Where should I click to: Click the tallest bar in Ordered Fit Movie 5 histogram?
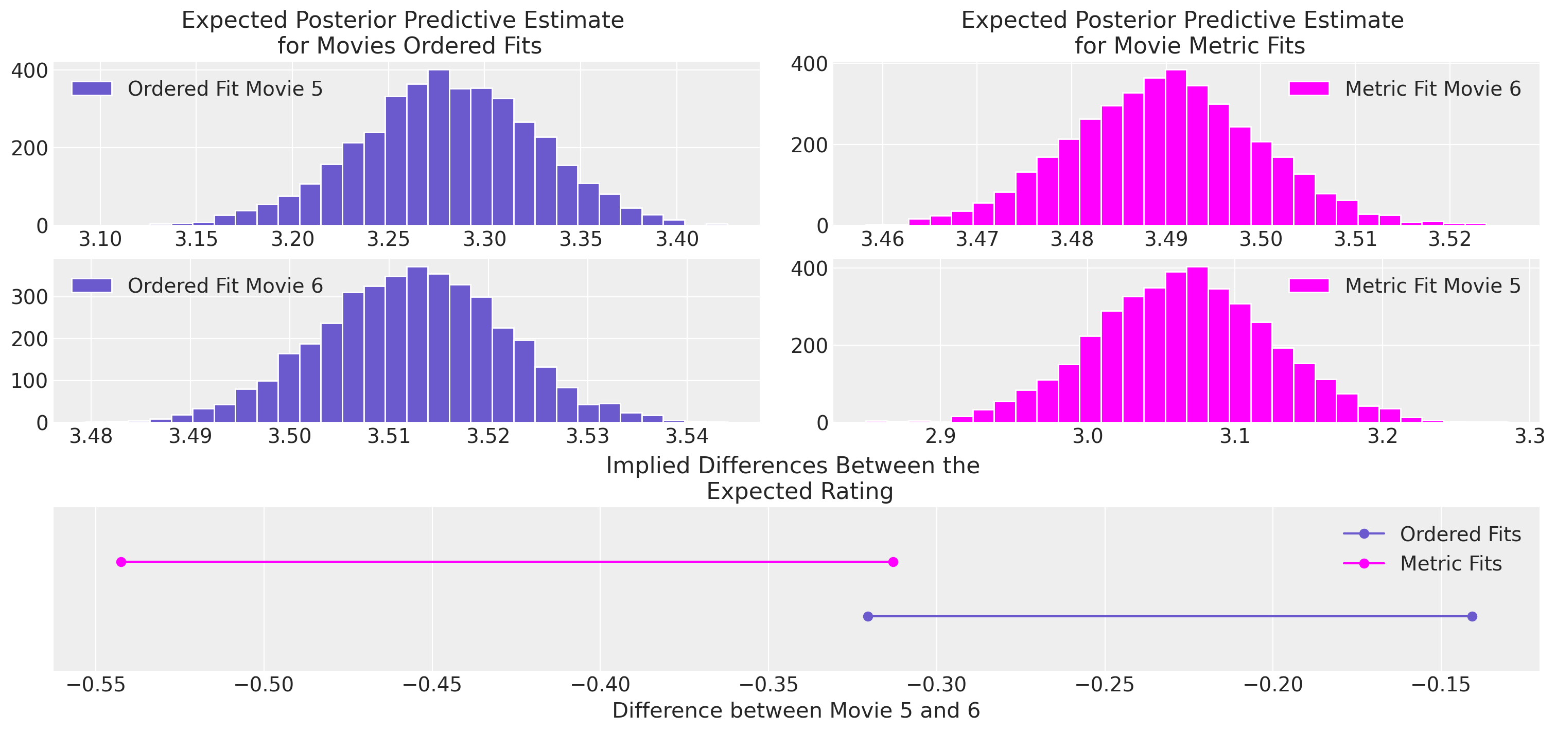pyautogui.click(x=439, y=148)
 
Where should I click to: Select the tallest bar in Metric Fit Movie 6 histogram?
pyautogui.click(x=1176, y=148)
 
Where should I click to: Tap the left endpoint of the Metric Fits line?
pyautogui.click(x=121, y=562)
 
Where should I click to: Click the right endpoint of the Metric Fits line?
pyautogui.click(x=894, y=562)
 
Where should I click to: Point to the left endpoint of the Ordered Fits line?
pyautogui.click(x=868, y=616)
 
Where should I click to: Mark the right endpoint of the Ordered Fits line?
pyautogui.click(x=1472, y=616)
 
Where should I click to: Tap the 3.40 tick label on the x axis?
pyautogui.click(x=677, y=240)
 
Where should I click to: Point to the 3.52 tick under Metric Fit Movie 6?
pyautogui.click(x=1449, y=240)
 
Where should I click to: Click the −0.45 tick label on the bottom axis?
pyautogui.click(x=432, y=685)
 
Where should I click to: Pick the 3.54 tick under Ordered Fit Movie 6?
pyautogui.click(x=687, y=436)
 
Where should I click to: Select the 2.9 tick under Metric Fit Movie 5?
pyautogui.click(x=940, y=436)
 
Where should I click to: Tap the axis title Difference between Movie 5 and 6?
pyautogui.click(x=796, y=711)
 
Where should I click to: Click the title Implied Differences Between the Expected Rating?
pyautogui.click(x=793, y=478)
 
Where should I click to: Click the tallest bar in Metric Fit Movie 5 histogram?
pyautogui.click(x=1197, y=345)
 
